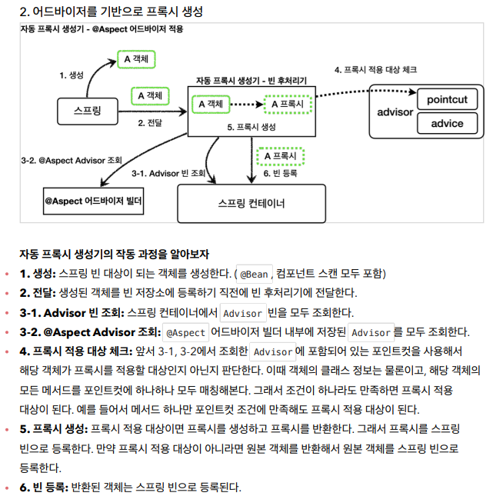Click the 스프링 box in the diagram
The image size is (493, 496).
pyautogui.click(x=87, y=111)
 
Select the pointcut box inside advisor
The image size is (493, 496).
pyautogui.click(x=447, y=99)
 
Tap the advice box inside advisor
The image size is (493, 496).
pyautogui.click(x=447, y=123)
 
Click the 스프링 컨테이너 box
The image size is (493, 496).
pyautogui.click(x=251, y=204)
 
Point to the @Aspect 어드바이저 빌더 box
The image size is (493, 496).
pyautogui.click(x=94, y=200)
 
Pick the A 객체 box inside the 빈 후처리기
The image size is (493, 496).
pyautogui.click(x=211, y=103)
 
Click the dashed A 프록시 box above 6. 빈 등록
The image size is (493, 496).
pyautogui.click(x=280, y=155)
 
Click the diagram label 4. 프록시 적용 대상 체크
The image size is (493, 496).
pyautogui.click(x=375, y=69)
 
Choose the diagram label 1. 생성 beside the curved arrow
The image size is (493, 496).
pyautogui.click(x=72, y=75)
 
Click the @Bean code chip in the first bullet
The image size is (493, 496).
pyautogui.click(x=253, y=274)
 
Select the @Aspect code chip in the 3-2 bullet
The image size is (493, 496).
pyautogui.click(x=185, y=332)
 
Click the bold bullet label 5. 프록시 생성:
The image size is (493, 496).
pyautogui.click(x=54, y=428)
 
